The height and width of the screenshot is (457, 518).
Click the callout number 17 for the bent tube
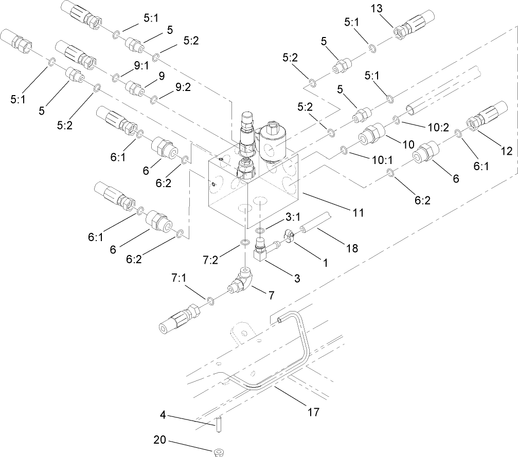point(313,412)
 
